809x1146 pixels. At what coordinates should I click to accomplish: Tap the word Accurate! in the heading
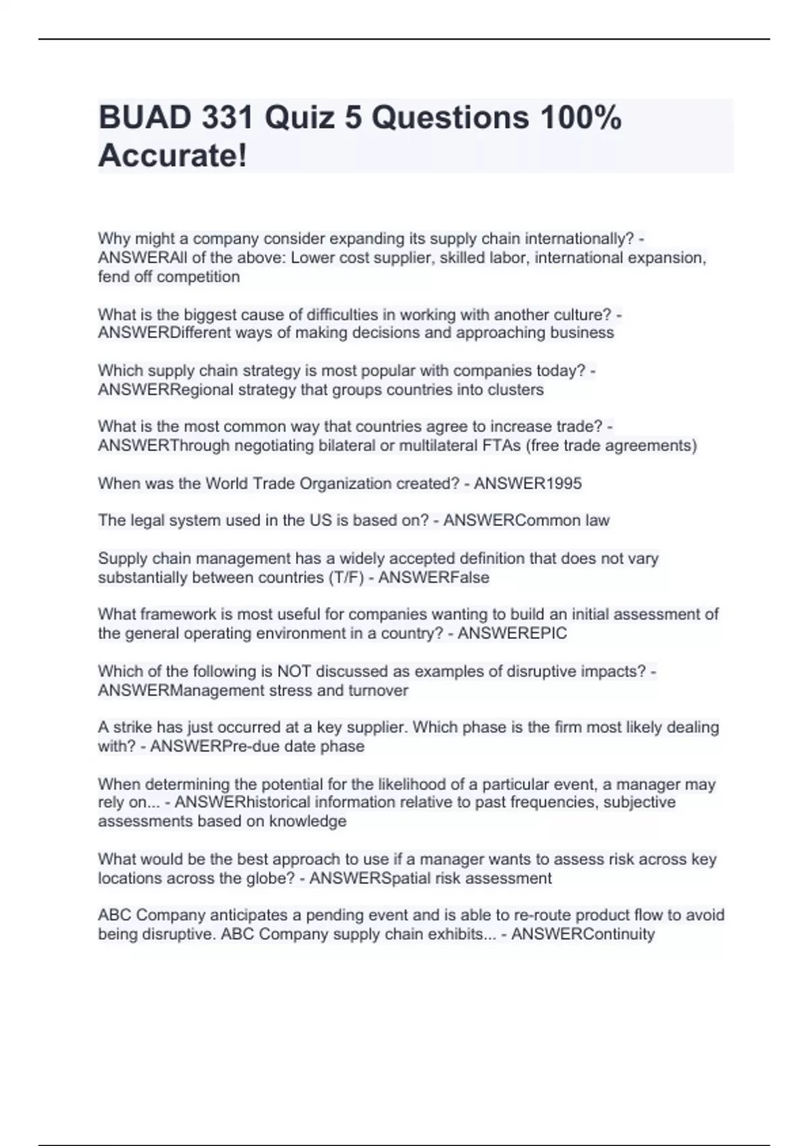(x=173, y=156)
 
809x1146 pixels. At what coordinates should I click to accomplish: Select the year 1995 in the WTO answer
(x=562, y=483)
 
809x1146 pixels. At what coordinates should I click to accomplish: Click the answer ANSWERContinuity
(x=583, y=934)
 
